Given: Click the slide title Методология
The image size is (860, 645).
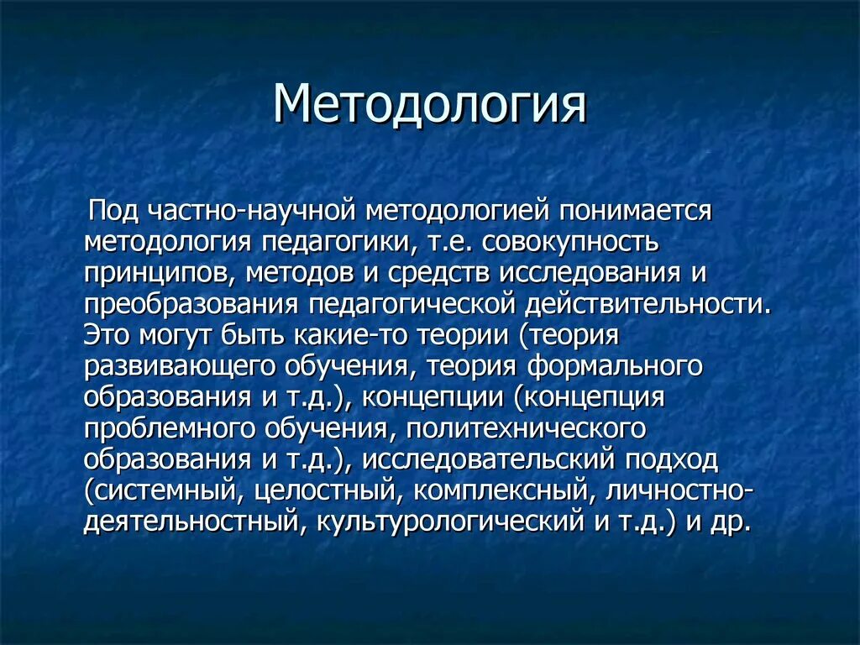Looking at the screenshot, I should click(429, 105).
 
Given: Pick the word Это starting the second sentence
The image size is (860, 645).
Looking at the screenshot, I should click(107, 335).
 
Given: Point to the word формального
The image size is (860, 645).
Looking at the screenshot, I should click(614, 366).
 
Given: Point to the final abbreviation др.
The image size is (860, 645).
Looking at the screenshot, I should click(728, 522).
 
